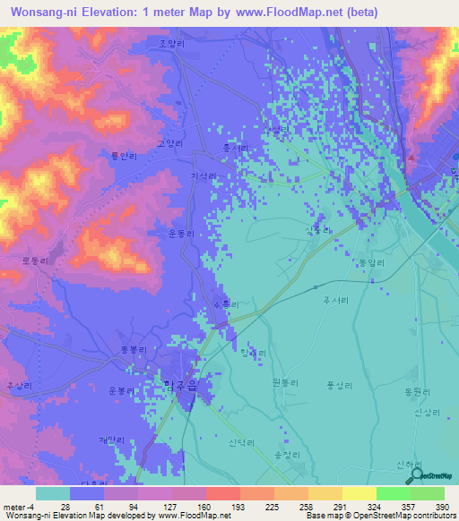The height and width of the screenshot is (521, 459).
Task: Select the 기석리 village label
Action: point(204,177)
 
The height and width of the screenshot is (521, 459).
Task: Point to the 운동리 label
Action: point(181,234)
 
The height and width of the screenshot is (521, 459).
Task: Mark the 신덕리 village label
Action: point(241,444)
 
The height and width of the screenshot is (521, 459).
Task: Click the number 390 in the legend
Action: point(442,507)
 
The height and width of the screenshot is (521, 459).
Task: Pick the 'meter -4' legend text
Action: point(19,507)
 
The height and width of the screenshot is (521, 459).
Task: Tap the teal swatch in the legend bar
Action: point(53,493)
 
